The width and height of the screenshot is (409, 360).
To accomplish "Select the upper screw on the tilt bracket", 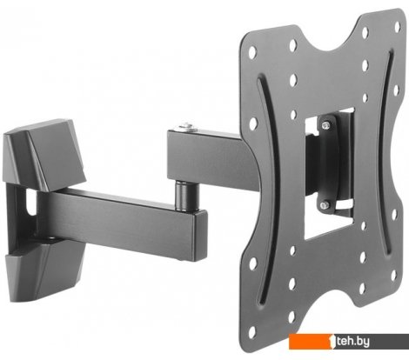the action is coord(326,125).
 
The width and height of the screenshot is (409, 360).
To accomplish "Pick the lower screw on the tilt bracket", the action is coord(324,205).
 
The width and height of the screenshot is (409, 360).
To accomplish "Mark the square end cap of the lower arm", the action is coord(200,236).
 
